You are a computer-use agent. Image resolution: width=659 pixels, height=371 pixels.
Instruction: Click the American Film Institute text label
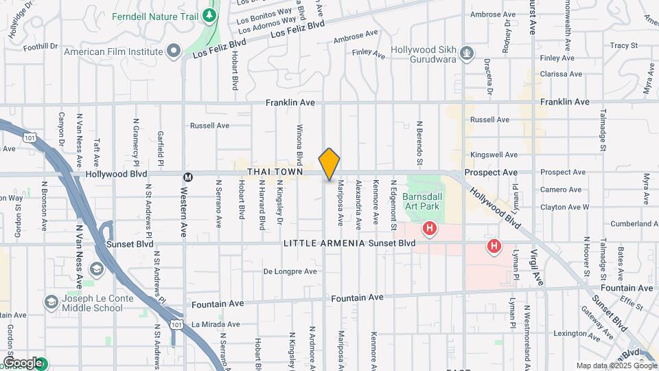[x=113, y=52]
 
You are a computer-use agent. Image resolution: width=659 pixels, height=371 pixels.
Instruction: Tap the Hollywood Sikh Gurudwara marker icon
[x=467, y=52]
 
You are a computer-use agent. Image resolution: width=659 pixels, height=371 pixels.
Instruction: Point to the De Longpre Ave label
[x=290, y=271]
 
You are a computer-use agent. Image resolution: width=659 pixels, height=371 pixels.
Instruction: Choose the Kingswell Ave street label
[x=494, y=155]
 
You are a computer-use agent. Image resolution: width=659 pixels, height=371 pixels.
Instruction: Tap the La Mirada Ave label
[x=216, y=324]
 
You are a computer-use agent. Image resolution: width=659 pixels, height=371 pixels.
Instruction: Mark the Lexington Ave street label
[x=577, y=333]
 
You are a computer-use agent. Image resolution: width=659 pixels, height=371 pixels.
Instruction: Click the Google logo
[x=22, y=363]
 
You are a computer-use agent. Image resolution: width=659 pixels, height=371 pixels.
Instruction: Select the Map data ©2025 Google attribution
[x=616, y=366]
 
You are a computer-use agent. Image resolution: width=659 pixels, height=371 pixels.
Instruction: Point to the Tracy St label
[x=624, y=45]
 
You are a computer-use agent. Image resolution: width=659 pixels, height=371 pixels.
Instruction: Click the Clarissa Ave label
[x=561, y=74]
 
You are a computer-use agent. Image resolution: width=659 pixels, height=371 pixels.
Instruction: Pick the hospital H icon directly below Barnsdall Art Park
[x=430, y=227]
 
